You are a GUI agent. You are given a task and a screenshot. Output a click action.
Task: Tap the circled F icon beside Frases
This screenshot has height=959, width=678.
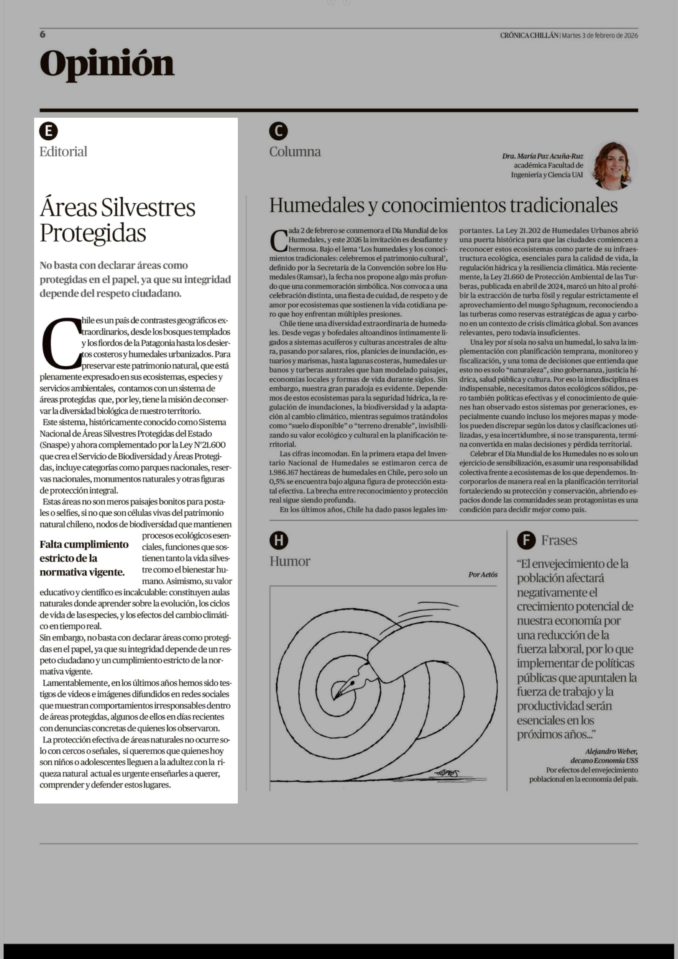pos(526,541)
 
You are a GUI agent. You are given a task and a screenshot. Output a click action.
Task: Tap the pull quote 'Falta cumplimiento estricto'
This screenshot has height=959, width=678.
pos(84,558)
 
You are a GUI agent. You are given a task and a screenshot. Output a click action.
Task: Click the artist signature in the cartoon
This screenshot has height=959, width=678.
pos(446,774)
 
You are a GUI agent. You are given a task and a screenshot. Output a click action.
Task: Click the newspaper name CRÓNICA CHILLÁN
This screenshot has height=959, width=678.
pos(529,35)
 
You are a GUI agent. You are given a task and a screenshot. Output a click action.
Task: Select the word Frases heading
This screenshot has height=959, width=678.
pos(559,541)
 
